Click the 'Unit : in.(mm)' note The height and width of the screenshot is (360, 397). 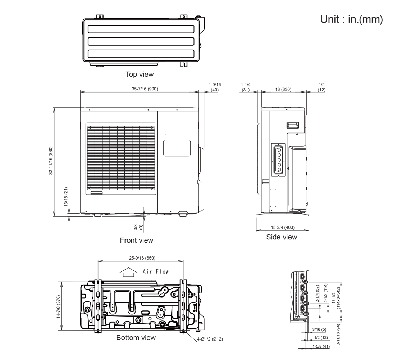pos(351,19)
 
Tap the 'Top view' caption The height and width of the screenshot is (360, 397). pos(139,75)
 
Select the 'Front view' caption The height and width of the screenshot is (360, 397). pos(136,240)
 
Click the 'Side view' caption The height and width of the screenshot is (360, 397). pos(282,237)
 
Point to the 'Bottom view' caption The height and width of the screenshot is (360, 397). pos(136,338)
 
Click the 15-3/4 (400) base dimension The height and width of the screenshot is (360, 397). pos(282,227)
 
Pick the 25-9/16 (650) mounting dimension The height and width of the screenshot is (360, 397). pos(141,258)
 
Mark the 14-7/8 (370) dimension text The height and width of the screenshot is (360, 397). pos(58,306)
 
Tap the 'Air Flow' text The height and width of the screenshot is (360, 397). pos(156,271)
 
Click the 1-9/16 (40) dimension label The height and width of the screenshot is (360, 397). pos(215,87)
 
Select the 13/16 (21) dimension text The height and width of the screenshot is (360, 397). pos(66,196)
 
